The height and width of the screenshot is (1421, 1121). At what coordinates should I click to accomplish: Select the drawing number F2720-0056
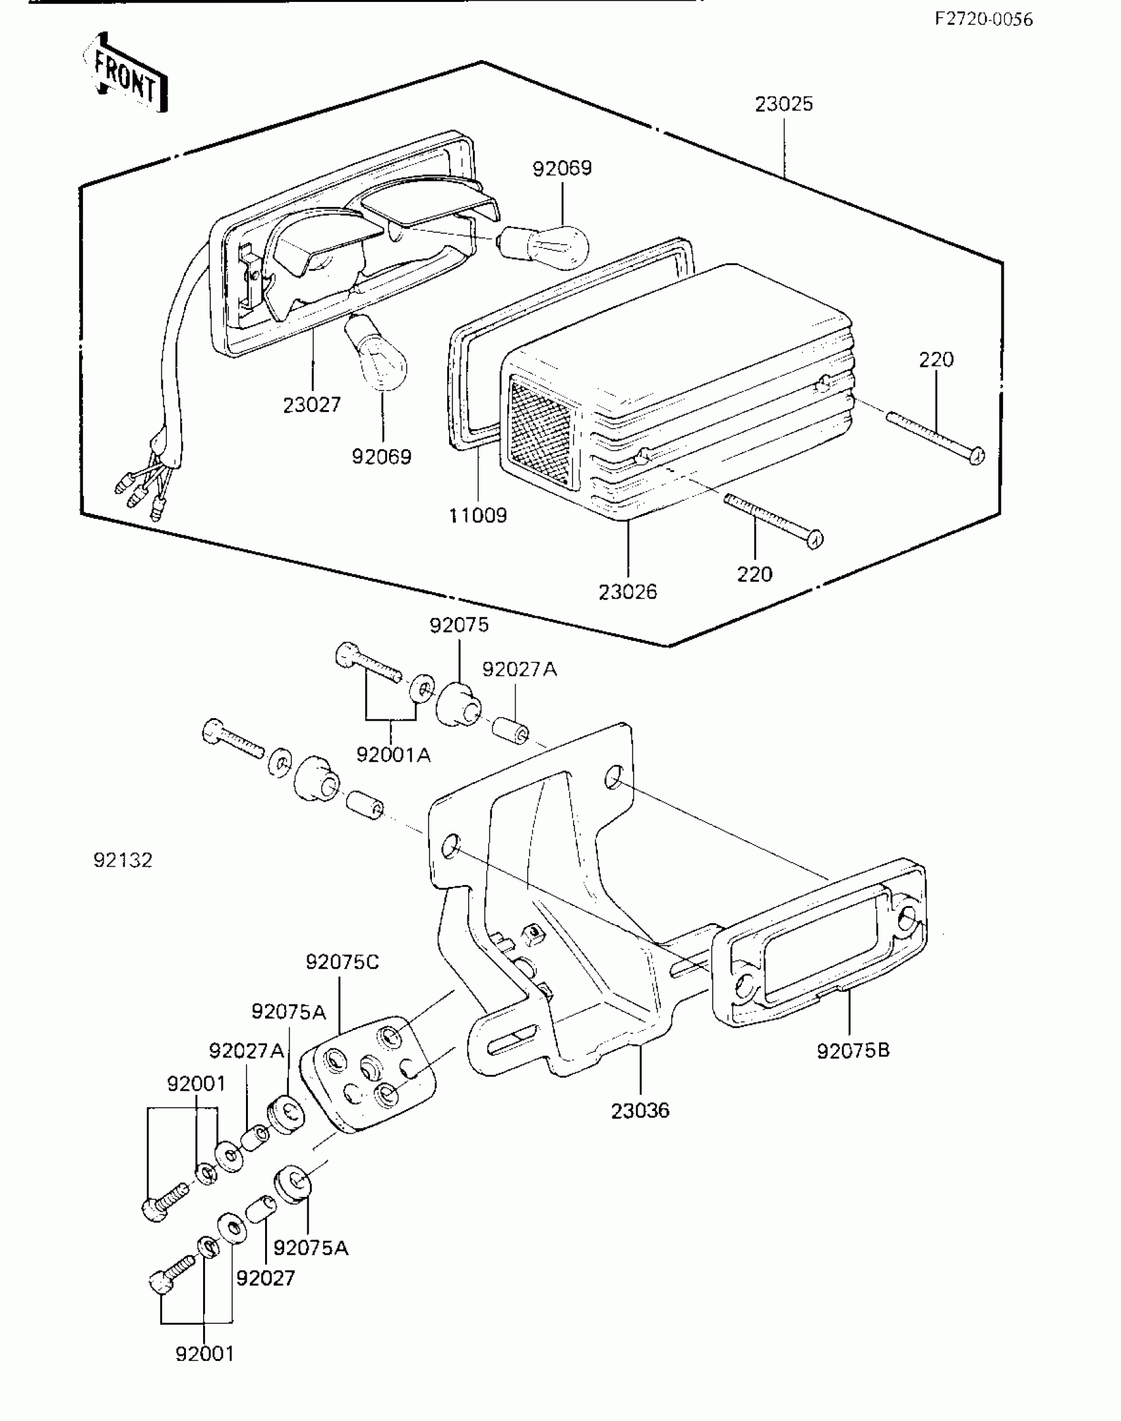click(983, 19)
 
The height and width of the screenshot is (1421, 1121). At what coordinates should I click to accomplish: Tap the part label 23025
click(783, 104)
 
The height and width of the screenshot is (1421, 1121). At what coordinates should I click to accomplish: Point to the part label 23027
click(312, 405)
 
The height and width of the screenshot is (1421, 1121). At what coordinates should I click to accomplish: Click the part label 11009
click(477, 515)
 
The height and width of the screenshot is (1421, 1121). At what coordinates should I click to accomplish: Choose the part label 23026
click(628, 591)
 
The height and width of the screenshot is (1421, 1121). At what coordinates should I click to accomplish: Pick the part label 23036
click(640, 1110)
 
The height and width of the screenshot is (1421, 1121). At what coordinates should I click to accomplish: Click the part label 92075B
click(853, 1050)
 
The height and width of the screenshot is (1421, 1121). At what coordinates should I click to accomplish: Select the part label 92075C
click(342, 962)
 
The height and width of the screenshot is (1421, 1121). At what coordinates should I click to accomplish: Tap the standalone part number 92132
click(123, 860)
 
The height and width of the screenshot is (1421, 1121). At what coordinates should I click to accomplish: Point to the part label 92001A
click(393, 754)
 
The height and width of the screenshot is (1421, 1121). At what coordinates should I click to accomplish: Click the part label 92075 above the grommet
click(459, 624)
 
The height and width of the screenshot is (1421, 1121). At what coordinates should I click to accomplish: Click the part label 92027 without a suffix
click(265, 1278)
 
